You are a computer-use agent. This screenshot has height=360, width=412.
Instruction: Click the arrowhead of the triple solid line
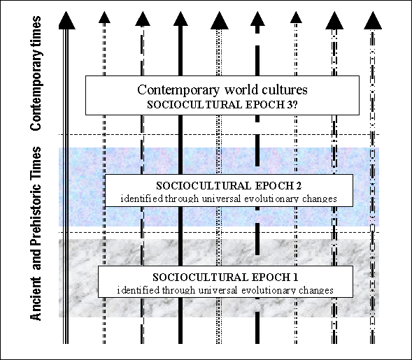click(x=66, y=20)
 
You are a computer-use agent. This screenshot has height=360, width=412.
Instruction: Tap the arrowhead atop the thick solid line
click(x=180, y=19)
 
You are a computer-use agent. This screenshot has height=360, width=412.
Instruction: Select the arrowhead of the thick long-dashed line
click(x=257, y=19)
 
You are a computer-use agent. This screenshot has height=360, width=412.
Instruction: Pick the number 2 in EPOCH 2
click(x=299, y=186)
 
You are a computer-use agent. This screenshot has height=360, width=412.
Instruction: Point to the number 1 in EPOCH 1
click(x=295, y=278)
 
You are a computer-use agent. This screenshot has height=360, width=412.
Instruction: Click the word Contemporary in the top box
click(x=178, y=90)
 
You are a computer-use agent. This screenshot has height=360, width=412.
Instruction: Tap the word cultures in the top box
click(x=282, y=89)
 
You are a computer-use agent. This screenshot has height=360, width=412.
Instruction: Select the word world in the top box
click(x=239, y=89)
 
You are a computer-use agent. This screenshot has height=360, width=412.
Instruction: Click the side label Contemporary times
click(x=36, y=73)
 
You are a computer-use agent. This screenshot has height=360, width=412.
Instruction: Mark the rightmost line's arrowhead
click(x=373, y=20)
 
